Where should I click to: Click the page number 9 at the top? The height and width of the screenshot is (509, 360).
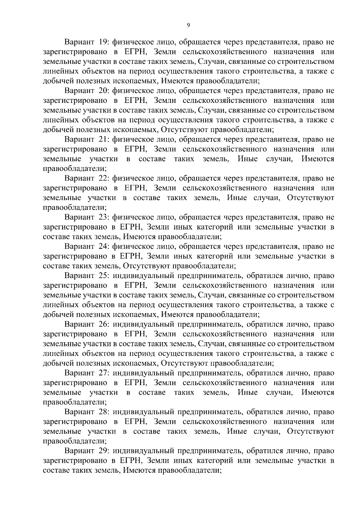point(188,26)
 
